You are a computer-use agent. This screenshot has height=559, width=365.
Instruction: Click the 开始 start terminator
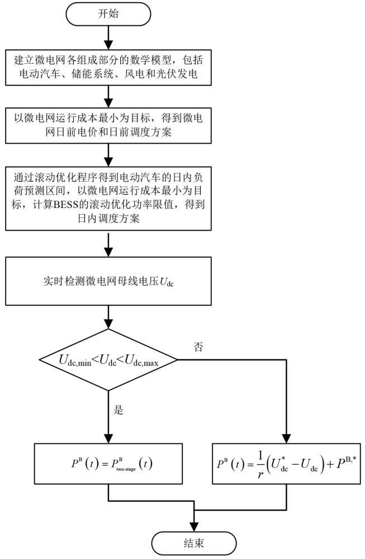tap(108, 14)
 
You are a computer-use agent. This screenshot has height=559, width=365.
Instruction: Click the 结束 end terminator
tap(194, 543)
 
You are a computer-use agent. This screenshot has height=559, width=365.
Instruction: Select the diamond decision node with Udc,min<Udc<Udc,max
tap(108, 359)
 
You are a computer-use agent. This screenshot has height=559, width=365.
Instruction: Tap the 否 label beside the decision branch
tap(198, 347)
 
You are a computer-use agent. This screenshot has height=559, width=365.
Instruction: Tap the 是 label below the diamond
tap(118, 410)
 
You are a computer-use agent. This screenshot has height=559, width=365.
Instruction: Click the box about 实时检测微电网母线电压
tap(108, 281)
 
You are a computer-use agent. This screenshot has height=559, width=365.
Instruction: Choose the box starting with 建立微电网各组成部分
tap(108, 67)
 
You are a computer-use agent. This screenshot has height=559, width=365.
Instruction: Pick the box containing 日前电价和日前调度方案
tap(108, 125)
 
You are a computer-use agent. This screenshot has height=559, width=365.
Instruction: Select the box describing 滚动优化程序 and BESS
tap(108, 198)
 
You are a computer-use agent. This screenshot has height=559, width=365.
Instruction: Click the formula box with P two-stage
tap(108, 463)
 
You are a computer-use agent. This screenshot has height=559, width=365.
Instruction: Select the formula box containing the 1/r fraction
tap(286, 463)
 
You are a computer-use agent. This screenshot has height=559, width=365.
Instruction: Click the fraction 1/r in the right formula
tap(260, 465)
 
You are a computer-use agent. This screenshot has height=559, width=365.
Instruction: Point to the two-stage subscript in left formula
tap(126, 469)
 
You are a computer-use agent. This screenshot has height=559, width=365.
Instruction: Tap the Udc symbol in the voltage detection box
tap(167, 282)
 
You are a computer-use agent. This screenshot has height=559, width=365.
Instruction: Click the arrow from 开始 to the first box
tap(108, 37)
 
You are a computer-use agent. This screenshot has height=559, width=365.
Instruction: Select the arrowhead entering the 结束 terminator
tap(194, 527)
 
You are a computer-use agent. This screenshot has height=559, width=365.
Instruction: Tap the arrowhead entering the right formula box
tap(286, 439)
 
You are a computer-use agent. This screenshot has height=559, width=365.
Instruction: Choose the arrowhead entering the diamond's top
tap(108, 324)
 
